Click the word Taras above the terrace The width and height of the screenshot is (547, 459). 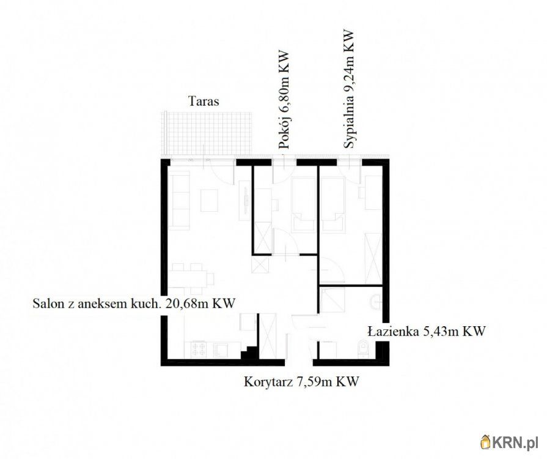204,102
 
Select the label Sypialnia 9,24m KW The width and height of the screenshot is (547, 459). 349,89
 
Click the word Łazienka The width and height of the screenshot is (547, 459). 394,331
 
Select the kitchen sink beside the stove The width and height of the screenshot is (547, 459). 221,349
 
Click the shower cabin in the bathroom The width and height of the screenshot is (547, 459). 332,300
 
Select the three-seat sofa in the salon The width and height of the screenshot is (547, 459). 179,200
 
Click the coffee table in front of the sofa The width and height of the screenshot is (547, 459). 209,200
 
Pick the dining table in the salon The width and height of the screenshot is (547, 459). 191,278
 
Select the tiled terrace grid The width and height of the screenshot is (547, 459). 206,134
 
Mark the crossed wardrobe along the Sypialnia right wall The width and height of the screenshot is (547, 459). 373,258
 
